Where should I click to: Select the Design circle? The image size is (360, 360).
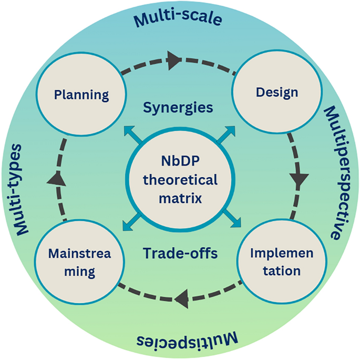tap(276, 93)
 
